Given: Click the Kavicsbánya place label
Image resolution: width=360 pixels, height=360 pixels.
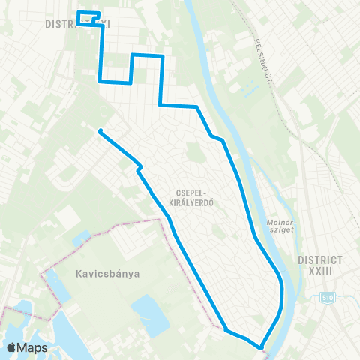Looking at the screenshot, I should tap(108, 273).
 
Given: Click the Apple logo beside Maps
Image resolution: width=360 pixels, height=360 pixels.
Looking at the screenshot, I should tap(13, 347).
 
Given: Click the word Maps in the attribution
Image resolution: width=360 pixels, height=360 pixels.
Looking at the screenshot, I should tap(33, 347).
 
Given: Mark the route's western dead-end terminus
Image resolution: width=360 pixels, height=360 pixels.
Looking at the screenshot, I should tap(100, 131).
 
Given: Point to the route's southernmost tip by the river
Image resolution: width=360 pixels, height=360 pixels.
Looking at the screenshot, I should tap(261, 347).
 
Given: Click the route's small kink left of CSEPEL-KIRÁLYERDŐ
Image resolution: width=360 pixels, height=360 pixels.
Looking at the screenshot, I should tap(139, 168).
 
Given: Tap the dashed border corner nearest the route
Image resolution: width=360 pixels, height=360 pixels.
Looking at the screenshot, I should tap(160, 220).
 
